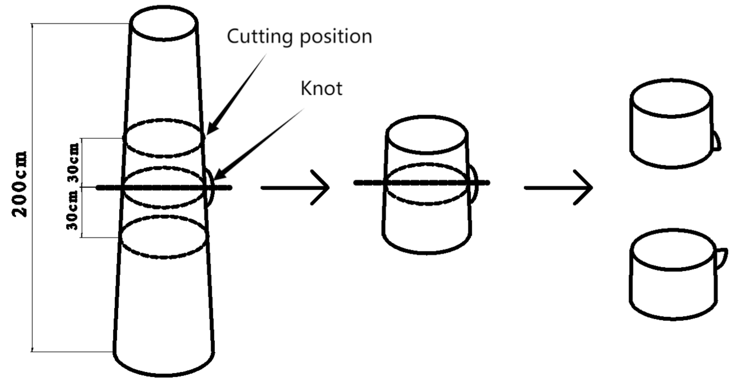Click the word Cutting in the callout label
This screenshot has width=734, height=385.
click(260, 36)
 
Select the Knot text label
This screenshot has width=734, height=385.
click(321, 89)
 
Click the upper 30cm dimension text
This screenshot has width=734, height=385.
click(73, 163)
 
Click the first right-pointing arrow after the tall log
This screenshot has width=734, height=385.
click(295, 187)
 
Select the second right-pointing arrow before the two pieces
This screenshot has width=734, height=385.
click(558, 187)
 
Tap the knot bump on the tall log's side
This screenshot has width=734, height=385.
click(210, 188)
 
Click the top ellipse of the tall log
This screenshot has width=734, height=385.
click(164, 23)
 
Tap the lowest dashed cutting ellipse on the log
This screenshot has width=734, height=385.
click(163, 237)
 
